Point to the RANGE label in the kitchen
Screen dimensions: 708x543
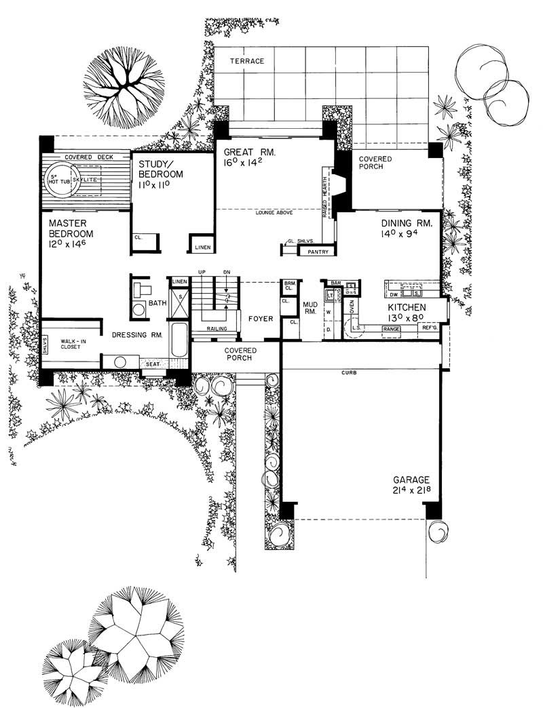(x=392, y=329)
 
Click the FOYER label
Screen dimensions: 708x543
(x=261, y=318)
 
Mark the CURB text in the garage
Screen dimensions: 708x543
(x=351, y=374)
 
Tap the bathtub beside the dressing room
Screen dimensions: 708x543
(x=179, y=338)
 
